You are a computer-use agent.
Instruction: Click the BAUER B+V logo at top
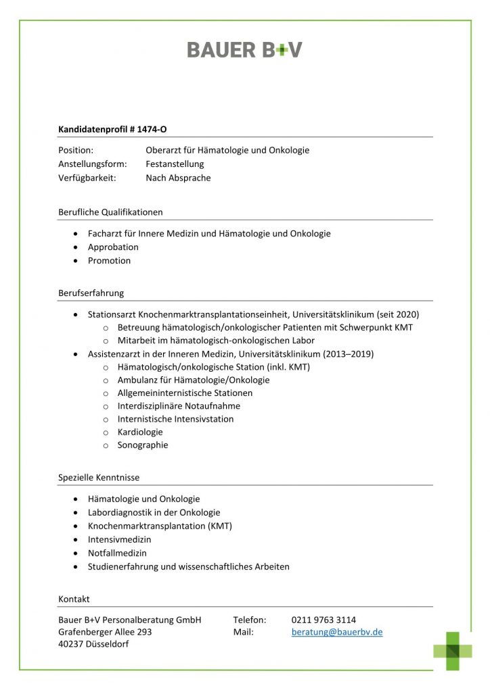[244, 49]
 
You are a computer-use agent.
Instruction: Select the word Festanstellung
[175, 164]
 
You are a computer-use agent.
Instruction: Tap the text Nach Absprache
[178, 178]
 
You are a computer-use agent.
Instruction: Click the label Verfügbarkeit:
[87, 178]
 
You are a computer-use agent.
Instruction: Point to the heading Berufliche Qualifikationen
[110, 212]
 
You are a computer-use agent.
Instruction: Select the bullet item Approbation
[113, 247]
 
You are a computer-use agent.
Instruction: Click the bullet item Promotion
[109, 261]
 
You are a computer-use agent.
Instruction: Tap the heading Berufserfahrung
[91, 293]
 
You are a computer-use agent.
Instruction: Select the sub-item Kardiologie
[140, 432]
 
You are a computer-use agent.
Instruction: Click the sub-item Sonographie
[143, 445]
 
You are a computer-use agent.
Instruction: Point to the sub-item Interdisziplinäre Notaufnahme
[179, 406]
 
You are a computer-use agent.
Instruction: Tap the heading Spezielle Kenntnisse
[99, 477]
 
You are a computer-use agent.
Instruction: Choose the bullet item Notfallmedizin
[117, 553]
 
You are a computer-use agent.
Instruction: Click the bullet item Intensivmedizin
[119, 540]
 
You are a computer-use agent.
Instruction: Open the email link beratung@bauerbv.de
[337, 633]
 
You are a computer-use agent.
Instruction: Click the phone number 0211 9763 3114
[324, 620]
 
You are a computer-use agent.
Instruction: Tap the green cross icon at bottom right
[453, 651]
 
